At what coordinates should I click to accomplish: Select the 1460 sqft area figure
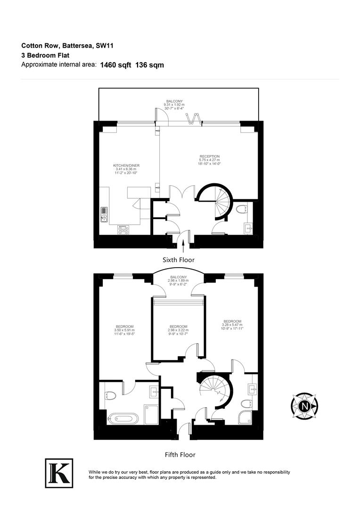click(115, 65)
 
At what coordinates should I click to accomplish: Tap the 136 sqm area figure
click(149, 65)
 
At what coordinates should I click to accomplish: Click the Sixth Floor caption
click(178, 260)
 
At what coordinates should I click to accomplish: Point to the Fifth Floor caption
click(180, 455)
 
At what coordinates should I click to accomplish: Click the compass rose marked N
click(305, 406)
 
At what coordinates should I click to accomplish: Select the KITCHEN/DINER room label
click(126, 165)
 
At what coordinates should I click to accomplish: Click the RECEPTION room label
click(209, 156)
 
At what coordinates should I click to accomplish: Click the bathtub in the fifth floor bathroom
click(123, 418)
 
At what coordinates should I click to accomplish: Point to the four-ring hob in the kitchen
click(123, 230)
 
